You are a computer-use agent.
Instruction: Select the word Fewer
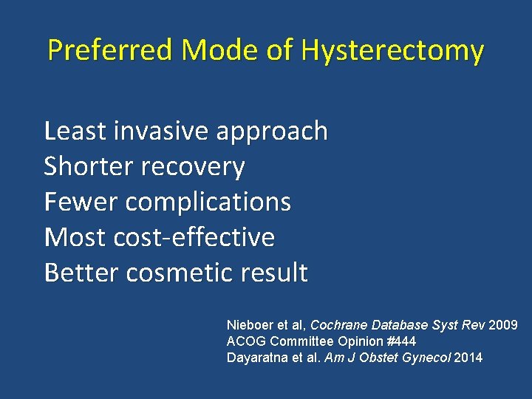[80, 202]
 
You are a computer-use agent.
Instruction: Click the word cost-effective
[194, 237]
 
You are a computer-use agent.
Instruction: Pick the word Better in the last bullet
[81, 273]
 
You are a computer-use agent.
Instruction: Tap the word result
[273, 273]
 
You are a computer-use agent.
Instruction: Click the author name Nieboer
[249, 325]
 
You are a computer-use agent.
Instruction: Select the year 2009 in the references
[503, 325]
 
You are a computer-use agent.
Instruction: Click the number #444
[401, 341]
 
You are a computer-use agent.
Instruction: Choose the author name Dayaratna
[255, 358]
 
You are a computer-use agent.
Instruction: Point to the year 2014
[468, 358]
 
